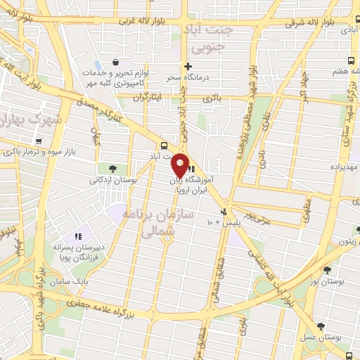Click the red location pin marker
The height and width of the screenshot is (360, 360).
pos(179,165)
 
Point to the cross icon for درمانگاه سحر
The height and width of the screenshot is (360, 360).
pos(188,66)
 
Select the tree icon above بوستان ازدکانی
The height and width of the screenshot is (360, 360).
pos(112,167)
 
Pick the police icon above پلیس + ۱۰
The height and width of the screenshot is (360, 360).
pos(224,211)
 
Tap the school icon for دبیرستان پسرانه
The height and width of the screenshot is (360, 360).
pos(79,236)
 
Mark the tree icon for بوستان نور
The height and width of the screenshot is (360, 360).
pos(327,269)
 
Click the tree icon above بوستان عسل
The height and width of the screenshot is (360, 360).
pos(321,326)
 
